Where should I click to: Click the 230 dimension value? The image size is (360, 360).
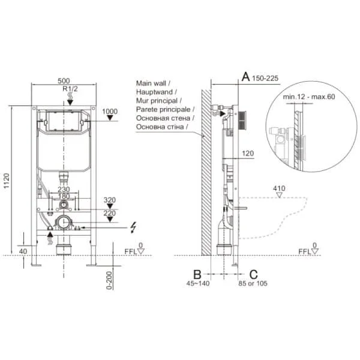tap(64, 190)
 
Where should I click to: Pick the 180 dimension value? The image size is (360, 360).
tap(64, 197)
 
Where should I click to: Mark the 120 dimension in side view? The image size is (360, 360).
tap(247, 154)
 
